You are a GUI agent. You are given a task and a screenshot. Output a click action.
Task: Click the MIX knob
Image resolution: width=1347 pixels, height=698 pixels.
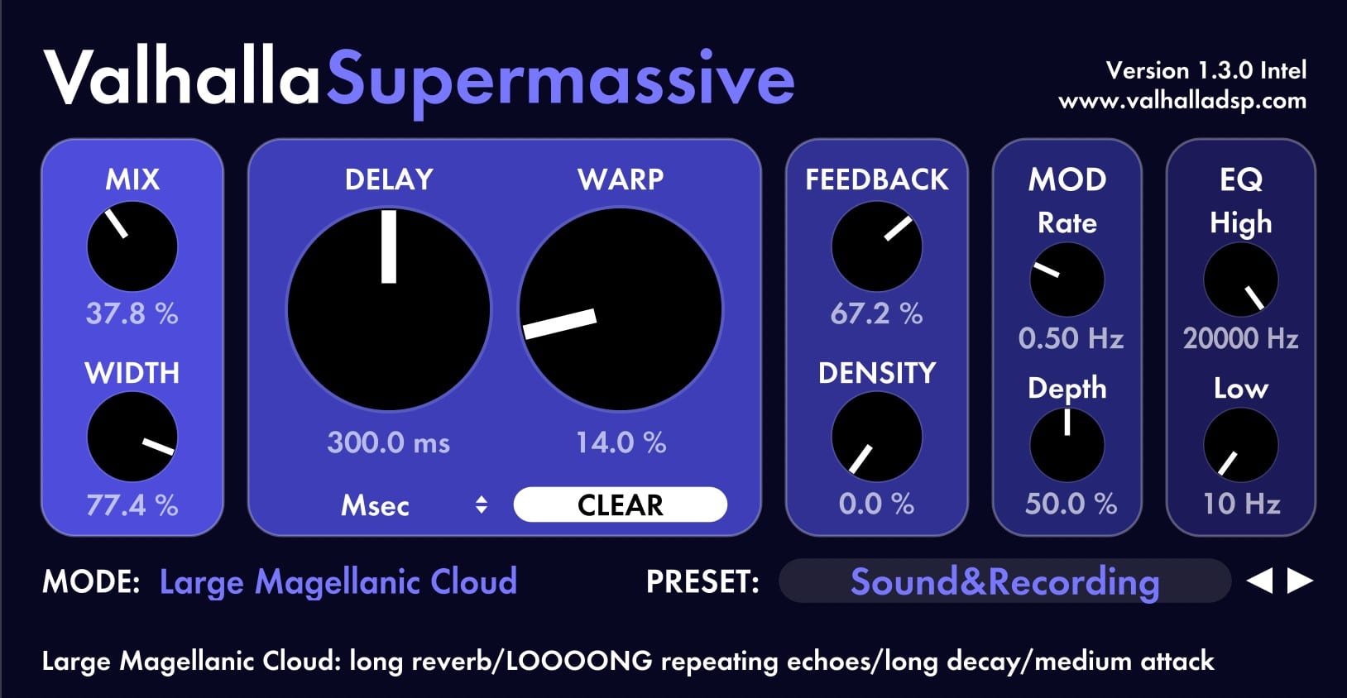point(132,246)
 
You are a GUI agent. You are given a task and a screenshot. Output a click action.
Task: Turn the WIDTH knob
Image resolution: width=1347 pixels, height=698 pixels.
point(132,437)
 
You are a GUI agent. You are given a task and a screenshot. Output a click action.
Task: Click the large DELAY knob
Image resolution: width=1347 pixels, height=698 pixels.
point(389,309)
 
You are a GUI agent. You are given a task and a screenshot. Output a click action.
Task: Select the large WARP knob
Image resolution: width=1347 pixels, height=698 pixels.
point(620,309)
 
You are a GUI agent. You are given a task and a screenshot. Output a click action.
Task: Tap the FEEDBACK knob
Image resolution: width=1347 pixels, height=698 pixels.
point(877,246)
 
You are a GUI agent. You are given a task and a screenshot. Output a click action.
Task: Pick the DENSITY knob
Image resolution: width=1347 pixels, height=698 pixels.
point(877,437)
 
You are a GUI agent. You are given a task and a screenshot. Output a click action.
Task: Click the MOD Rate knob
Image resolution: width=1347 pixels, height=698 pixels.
point(1067,280)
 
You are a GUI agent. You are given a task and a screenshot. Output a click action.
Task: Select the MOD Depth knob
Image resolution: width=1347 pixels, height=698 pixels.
point(1067,446)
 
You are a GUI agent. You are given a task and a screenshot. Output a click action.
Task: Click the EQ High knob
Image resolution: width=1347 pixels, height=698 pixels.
point(1240,280)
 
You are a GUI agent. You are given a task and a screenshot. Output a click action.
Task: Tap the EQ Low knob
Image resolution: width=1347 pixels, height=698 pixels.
point(1240,446)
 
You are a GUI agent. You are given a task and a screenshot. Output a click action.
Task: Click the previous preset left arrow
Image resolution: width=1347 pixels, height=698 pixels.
point(1260,581)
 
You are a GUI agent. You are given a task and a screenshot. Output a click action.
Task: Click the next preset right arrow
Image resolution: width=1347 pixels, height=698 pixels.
point(1300,581)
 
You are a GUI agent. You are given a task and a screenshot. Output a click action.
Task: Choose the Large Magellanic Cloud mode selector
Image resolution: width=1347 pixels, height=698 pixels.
point(338,582)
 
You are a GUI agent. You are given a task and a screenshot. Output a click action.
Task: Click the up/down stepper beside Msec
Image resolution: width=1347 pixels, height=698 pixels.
point(481,504)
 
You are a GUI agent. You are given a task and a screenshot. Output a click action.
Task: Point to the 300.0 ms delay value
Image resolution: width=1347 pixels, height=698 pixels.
point(389,443)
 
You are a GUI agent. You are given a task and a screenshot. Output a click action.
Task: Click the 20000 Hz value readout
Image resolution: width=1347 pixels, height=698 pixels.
point(1240,338)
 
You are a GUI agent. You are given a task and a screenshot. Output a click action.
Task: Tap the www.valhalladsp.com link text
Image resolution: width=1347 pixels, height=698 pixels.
point(1182,101)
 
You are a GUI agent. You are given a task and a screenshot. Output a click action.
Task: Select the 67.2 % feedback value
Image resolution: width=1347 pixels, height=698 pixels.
point(877,313)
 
